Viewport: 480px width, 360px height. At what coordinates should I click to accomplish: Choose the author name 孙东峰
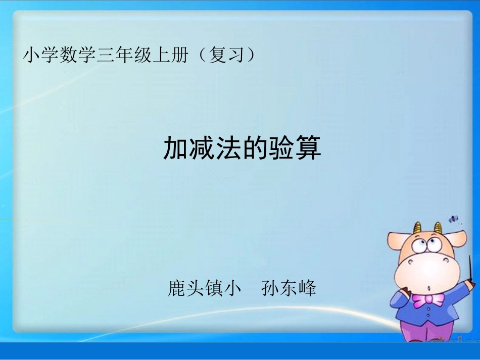click(289, 288)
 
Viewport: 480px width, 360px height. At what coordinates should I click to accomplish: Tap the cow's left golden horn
click(417, 228)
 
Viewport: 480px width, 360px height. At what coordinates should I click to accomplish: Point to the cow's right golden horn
click(439, 228)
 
